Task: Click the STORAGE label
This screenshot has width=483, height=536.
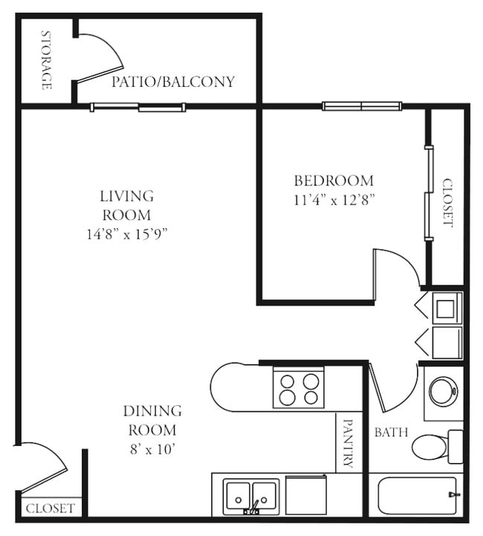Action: pyautogui.click(x=46, y=60)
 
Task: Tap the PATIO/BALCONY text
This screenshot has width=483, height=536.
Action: pyautogui.click(x=172, y=82)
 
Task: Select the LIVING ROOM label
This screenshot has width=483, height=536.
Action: pyautogui.click(x=126, y=205)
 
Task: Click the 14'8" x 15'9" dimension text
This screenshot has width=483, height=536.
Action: pyautogui.click(x=126, y=234)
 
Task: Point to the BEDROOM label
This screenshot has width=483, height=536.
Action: pyautogui.click(x=334, y=181)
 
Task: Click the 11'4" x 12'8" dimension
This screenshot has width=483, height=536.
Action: pyautogui.click(x=334, y=199)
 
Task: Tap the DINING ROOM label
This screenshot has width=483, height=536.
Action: pyautogui.click(x=152, y=420)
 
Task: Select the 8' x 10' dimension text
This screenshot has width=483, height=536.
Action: pyautogui.click(x=152, y=449)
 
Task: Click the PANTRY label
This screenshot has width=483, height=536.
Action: pyautogui.click(x=348, y=443)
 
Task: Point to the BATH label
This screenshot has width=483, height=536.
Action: pyautogui.click(x=391, y=432)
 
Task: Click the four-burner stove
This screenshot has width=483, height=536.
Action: pyautogui.click(x=299, y=389)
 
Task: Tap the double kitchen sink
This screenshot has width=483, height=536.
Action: pyautogui.click(x=251, y=494)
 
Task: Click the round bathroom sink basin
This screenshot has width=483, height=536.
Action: pyautogui.click(x=444, y=391)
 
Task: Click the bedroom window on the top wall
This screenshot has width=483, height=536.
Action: pyautogui.click(x=362, y=106)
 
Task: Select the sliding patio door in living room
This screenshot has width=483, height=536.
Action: pyautogui.click(x=137, y=108)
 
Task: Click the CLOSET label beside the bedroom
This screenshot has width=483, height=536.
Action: pyautogui.click(x=447, y=201)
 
